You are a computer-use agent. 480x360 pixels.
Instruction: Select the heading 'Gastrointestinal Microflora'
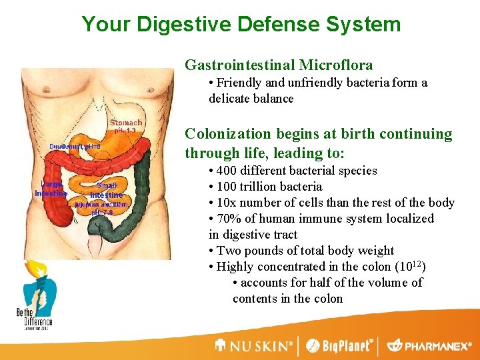[279, 65]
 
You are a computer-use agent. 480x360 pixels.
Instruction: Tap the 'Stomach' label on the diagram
[126, 123]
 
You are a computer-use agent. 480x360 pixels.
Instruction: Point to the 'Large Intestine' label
[51, 189]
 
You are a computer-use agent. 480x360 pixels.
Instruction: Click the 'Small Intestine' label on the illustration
[106, 190]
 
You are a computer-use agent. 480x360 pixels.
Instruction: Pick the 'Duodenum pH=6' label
[75, 147]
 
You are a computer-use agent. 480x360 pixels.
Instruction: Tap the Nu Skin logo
[254, 346]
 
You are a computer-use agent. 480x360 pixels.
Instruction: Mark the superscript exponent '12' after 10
[417, 264]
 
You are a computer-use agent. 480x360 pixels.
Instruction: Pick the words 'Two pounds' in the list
[248, 251]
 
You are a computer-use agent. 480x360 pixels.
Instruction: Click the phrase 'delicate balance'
[251, 99]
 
